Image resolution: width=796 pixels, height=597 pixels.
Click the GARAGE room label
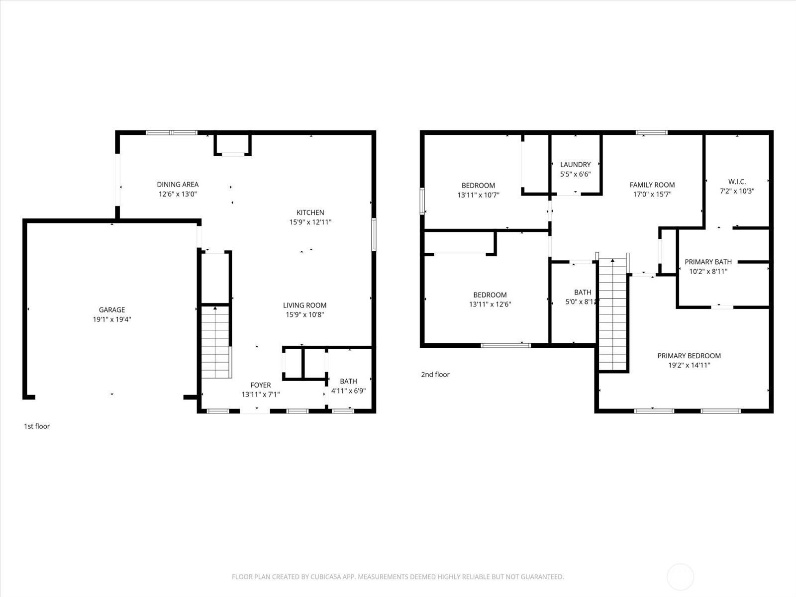pos(111,309)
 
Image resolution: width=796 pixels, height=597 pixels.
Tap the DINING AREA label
pos(178,185)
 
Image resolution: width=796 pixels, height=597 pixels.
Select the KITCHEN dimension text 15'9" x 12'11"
pos(310,222)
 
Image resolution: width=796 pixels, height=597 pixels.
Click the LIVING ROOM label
pos(304,305)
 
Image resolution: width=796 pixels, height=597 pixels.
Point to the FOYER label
pos(260,385)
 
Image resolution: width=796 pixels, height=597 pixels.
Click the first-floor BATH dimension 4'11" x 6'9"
pos(348,391)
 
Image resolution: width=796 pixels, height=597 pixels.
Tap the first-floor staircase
pos(215,343)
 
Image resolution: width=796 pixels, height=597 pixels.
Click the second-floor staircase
pos(612,316)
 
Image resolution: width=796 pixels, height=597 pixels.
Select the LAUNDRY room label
pos(575,165)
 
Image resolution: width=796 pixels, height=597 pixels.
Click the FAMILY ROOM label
pos(652,185)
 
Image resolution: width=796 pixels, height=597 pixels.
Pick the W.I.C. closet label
pos(737,182)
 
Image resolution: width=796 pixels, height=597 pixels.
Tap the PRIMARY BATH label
pos(708,262)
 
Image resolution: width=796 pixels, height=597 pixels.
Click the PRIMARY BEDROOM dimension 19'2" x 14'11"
pos(689,365)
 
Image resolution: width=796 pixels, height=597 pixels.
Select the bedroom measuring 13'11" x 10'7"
pos(478,191)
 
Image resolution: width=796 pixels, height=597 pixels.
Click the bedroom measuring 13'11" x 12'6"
pos(490,299)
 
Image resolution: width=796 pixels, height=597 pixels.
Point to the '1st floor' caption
pos(37,426)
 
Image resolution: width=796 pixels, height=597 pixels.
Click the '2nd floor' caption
pos(435,375)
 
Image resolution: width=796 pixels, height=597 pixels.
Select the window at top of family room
pos(651,133)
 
